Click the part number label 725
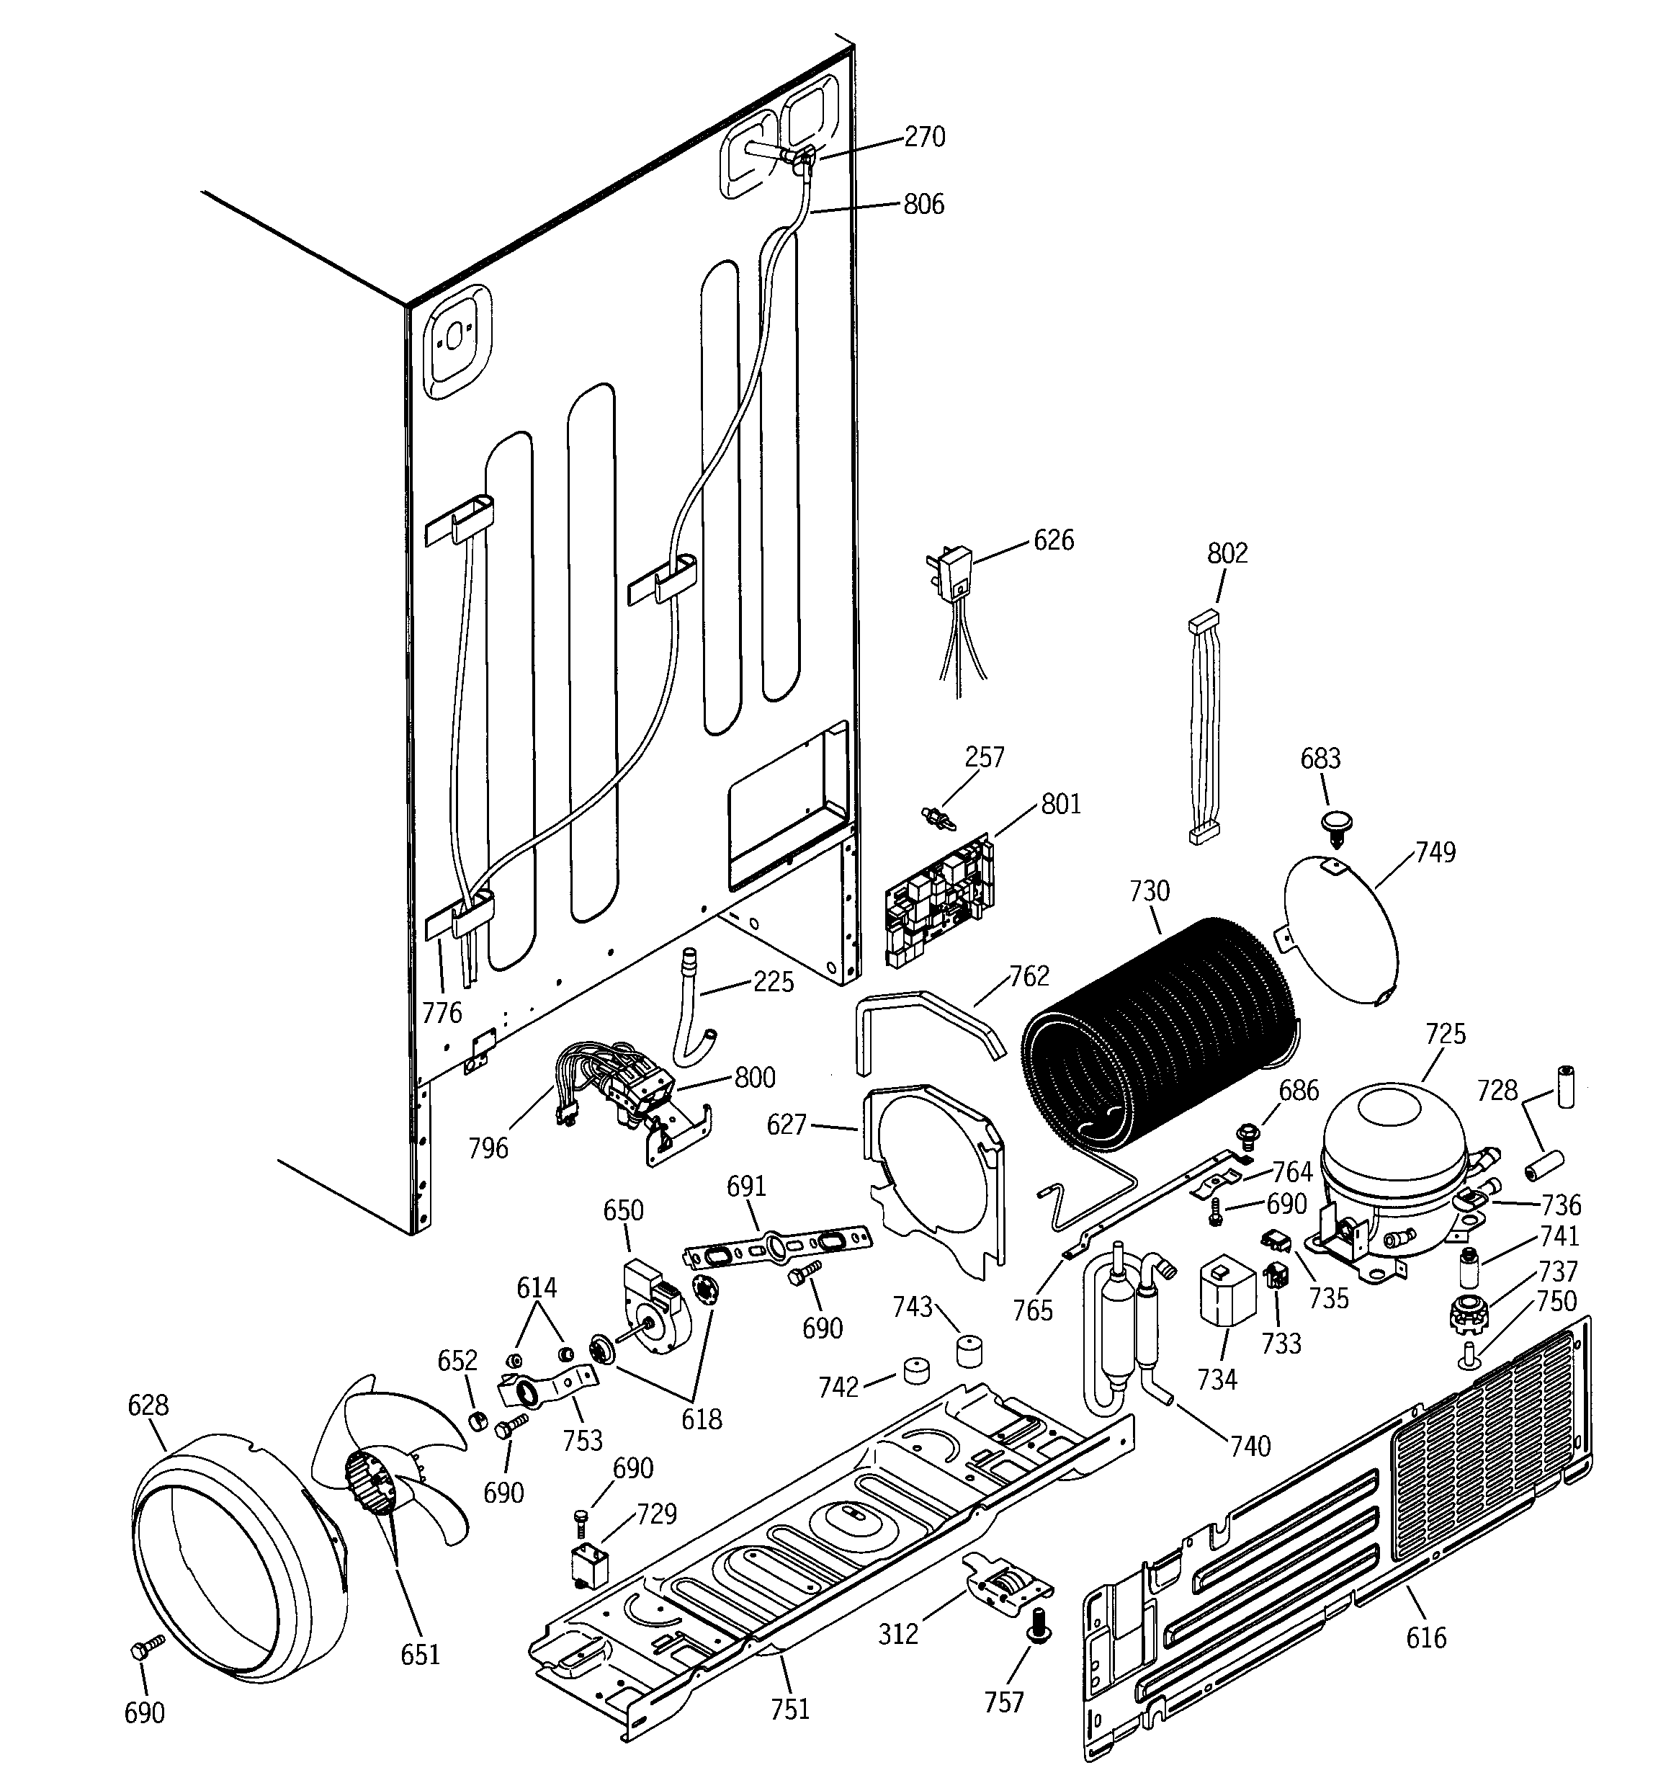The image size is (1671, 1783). click(1445, 1033)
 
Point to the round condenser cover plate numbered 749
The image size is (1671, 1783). click(1342, 929)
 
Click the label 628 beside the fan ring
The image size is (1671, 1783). click(148, 1405)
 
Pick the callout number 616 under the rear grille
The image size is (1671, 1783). click(1425, 1637)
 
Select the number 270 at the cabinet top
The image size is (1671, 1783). click(924, 136)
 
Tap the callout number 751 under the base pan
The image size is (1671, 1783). click(789, 1710)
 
